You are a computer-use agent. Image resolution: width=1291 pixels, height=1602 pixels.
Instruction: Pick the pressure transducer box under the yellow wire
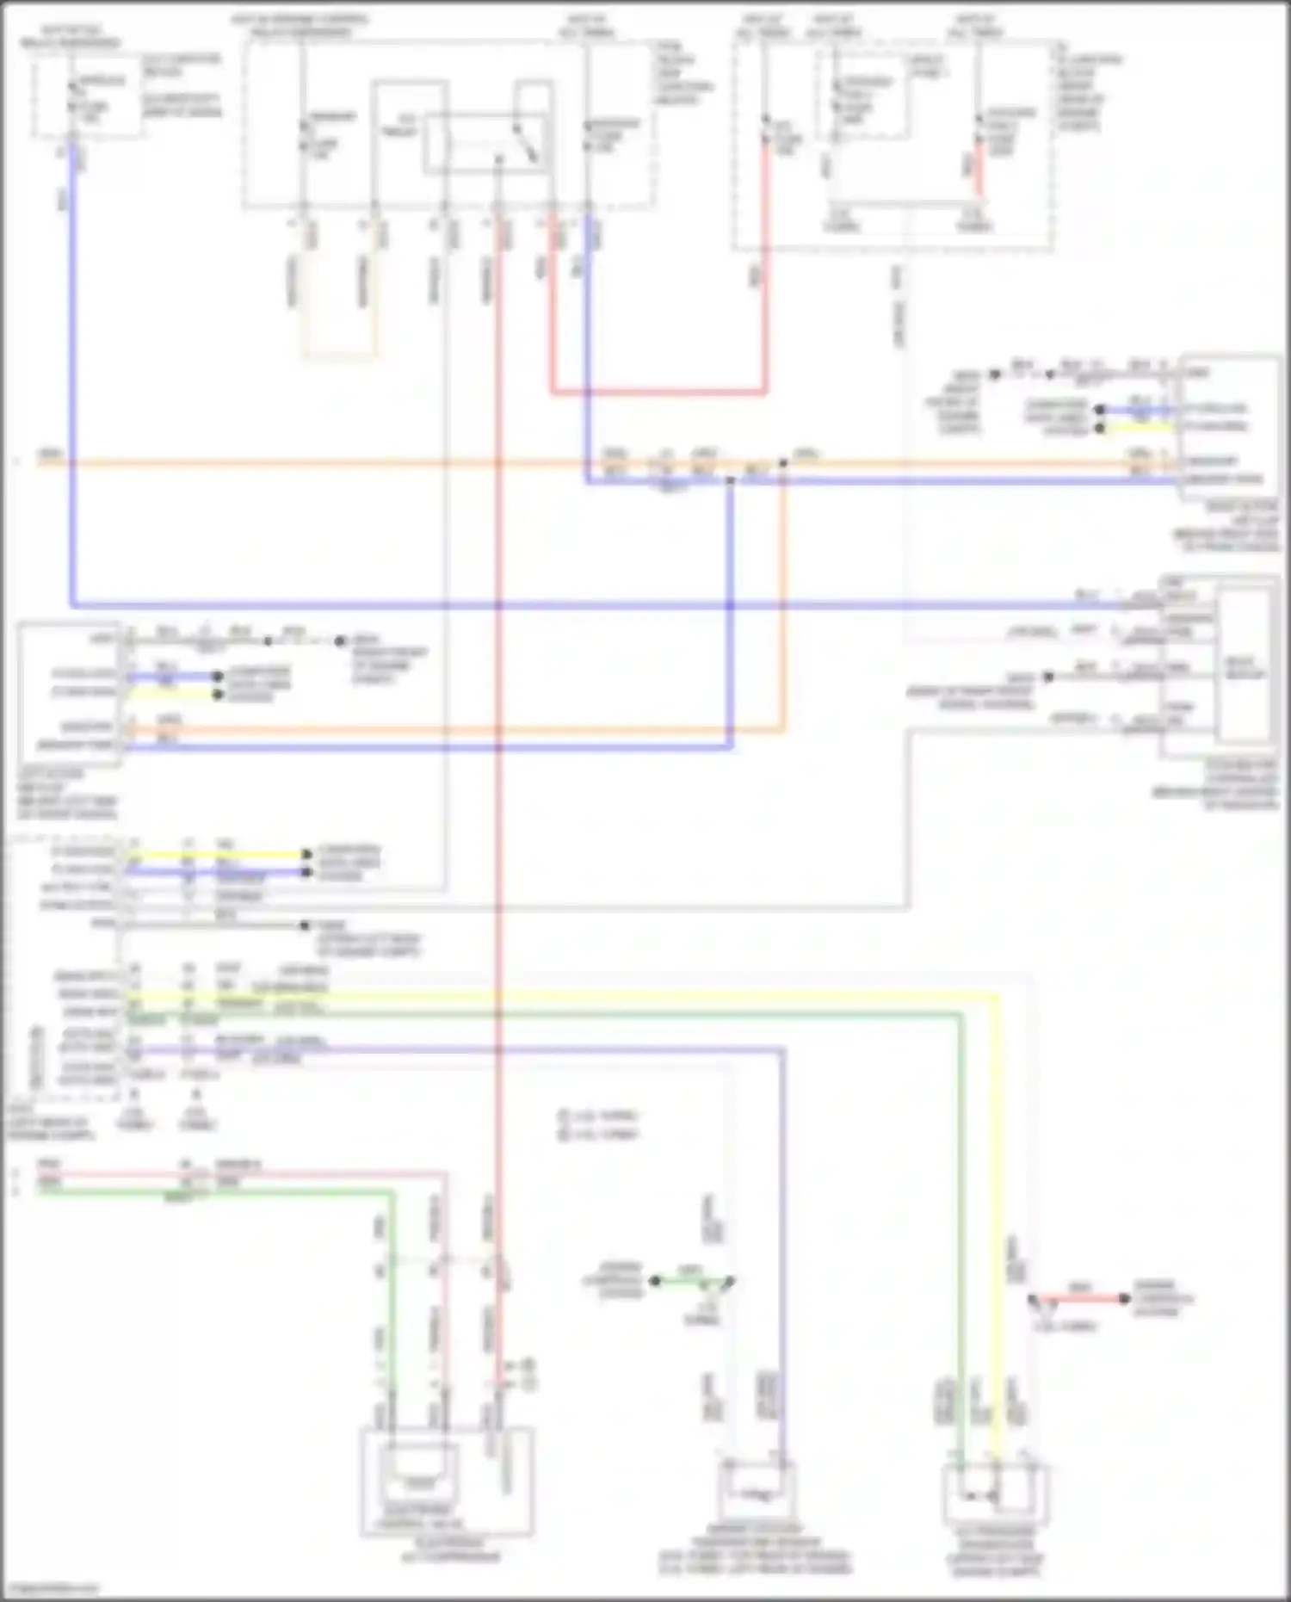tap(996, 1495)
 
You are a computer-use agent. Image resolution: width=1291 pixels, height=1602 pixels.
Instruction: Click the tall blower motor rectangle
tap(1245, 665)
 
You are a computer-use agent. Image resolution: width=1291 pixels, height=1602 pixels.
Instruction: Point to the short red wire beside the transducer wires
tap(1080, 1298)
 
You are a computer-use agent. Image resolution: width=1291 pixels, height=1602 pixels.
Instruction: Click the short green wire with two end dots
tap(691, 1281)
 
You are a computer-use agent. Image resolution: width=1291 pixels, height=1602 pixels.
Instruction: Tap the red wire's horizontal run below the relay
tap(658, 392)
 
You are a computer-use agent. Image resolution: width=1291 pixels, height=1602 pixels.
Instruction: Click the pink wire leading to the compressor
tap(444, 1291)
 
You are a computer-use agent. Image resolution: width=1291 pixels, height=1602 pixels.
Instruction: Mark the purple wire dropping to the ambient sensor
tap(782, 1248)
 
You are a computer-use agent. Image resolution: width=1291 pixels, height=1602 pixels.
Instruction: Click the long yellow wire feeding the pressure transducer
tap(998, 1205)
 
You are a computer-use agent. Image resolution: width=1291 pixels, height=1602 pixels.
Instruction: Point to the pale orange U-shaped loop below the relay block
tap(338, 353)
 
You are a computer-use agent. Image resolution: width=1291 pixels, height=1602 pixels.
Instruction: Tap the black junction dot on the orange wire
tap(782, 463)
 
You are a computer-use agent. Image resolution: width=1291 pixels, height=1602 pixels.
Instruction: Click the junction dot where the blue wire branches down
tap(731, 480)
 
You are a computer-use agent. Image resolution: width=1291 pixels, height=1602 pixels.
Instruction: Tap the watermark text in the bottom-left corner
tap(52, 1587)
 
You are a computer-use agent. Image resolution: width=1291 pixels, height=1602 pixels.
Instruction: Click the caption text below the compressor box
tap(443, 1549)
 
